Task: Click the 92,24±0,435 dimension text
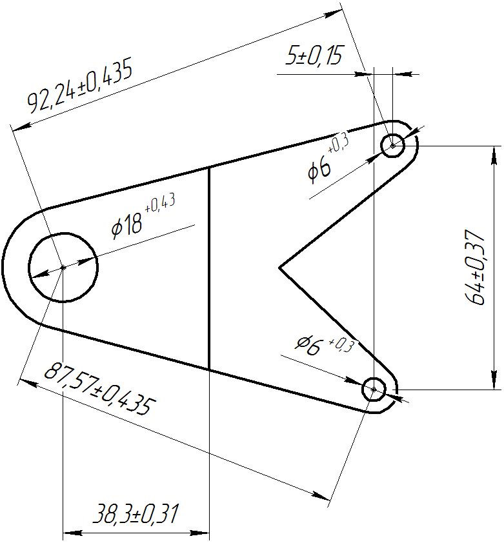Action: [80, 88]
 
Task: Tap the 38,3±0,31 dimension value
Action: [136, 514]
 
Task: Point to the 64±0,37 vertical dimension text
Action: [475, 267]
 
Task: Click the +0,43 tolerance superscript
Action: [160, 203]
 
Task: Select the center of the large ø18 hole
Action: [63, 268]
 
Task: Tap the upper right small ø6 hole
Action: [393, 146]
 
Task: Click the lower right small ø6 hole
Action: [374, 390]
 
